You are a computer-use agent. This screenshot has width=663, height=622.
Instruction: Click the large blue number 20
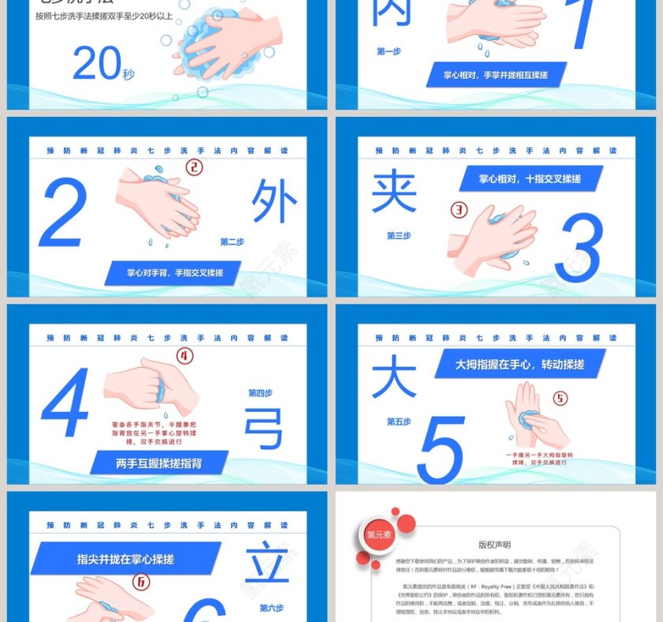coord(96,64)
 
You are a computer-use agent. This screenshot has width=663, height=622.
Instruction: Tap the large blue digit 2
coord(62,213)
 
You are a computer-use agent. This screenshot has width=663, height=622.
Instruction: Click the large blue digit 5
coord(441,449)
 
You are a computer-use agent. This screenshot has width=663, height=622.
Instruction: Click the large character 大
coord(393,377)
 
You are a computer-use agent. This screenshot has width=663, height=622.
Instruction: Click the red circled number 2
coord(194,167)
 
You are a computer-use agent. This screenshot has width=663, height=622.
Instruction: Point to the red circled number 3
coord(459,210)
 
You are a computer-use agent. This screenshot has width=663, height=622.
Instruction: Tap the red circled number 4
coord(185,356)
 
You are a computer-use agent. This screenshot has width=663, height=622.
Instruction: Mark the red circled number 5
coord(560,398)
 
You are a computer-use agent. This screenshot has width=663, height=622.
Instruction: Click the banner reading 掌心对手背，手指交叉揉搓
coord(174,273)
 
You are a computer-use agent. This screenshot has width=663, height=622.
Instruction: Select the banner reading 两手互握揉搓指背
coord(159,463)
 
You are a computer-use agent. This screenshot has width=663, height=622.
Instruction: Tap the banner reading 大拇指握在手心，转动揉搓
coord(519,365)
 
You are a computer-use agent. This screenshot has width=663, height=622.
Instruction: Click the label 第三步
coord(399,235)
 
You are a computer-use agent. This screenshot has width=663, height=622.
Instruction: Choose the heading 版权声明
coord(494,545)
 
